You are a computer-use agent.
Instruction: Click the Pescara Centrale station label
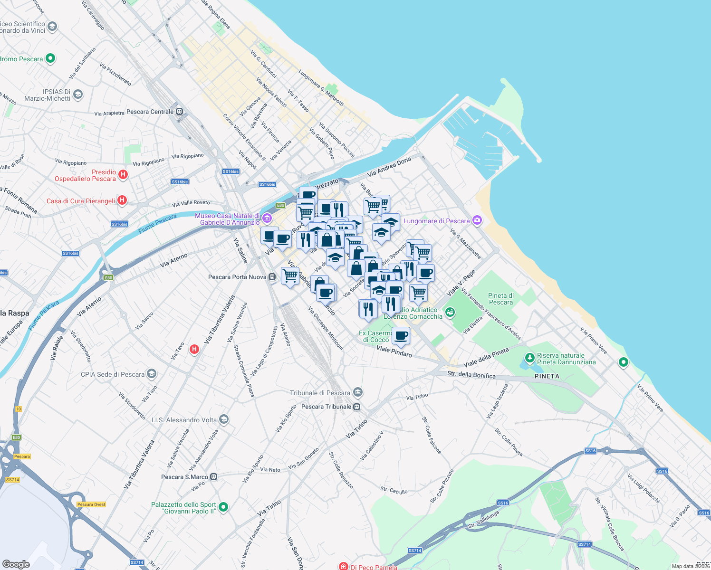(150, 112)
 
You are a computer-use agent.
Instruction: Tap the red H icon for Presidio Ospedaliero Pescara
(123, 175)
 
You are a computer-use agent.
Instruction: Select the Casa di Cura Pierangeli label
(81, 201)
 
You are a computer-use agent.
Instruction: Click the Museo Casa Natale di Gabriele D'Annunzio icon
(267, 218)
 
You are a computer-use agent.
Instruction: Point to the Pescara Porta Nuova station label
(237, 277)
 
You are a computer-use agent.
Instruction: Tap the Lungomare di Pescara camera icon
(477, 220)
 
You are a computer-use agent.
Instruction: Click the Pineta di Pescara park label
(501, 299)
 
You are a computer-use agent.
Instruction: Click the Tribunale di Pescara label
(320, 393)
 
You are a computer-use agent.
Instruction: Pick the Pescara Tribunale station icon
(357, 407)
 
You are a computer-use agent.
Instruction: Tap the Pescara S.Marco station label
(184, 477)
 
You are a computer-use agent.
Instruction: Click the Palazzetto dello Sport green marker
(223, 507)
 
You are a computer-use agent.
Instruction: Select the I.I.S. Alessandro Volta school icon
(224, 419)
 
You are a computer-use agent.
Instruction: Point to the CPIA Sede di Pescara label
(113, 374)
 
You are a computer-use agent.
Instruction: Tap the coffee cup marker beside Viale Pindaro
(401, 336)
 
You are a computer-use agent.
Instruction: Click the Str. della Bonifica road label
(471, 375)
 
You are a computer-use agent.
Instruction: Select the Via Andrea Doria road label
(389, 167)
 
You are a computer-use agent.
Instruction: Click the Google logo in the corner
(16, 564)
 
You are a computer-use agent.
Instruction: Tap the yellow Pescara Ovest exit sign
(91, 504)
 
